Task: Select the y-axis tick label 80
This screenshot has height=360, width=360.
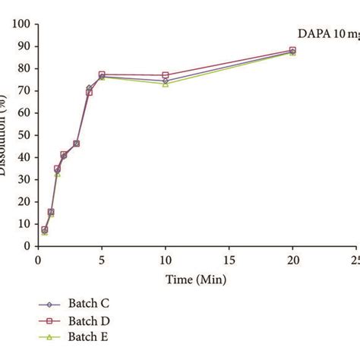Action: click(x=24, y=68)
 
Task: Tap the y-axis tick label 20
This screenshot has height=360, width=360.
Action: click(x=24, y=202)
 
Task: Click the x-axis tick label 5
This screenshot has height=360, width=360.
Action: click(x=102, y=261)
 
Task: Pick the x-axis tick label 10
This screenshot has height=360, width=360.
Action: click(x=165, y=261)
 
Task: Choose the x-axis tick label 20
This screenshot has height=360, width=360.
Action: click(x=292, y=261)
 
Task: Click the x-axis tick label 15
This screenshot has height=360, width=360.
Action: click(x=229, y=261)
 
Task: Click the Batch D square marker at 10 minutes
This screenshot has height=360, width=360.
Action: click(x=166, y=75)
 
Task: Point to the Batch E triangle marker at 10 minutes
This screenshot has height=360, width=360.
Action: click(x=166, y=84)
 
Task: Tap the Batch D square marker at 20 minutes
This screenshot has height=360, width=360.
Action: click(x=292, y=50)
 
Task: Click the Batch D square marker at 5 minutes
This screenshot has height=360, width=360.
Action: click(x=102, y=74)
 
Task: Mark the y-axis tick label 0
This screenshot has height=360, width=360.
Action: click(x=27, y=246)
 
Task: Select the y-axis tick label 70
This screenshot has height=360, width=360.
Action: click(x=24, y=91)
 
